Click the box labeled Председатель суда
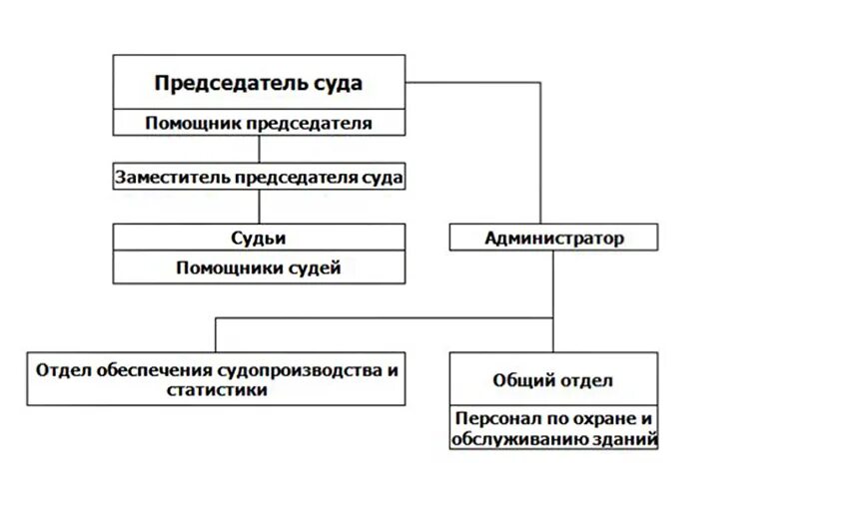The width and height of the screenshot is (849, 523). (x=258, y=83)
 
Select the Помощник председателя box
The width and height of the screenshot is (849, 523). (x=258, y=124)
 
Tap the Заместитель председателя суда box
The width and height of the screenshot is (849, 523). (x=259, y=178)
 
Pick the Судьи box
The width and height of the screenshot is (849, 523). (x=259, y=238)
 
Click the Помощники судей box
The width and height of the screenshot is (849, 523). (x=259, y=267)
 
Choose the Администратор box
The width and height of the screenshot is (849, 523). (x=553, y=238)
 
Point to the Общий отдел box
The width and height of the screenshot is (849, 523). (x=553, y=380)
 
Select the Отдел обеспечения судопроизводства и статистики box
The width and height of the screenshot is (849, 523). (x=217, y=379)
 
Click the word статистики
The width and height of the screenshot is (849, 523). (x=218, y=390)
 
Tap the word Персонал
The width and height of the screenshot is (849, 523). (x=494, y=419)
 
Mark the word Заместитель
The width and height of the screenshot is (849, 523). (x=173, y=178)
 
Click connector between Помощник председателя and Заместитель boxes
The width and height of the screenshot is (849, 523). (x=260, y=149)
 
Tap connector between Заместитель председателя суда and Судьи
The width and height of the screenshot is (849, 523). (x=260, y=207)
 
